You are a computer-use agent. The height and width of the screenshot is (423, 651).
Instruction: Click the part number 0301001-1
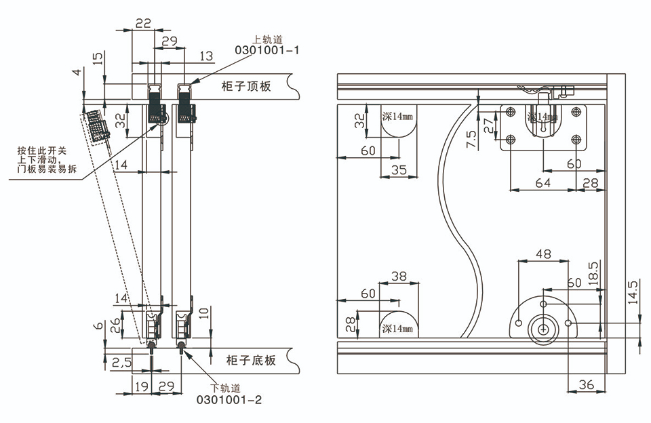click(267, 50)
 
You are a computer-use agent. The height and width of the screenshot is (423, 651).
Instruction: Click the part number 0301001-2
click(229, 400)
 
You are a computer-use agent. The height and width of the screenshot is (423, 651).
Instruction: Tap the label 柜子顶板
click(246, 86)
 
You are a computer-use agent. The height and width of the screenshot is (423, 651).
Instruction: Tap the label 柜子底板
click(251, 360)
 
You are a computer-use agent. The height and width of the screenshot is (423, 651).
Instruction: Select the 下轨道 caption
click(225, 388)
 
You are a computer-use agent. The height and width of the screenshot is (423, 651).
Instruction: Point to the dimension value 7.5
click(472, 139)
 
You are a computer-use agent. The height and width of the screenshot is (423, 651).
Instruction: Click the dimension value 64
click(542, 182)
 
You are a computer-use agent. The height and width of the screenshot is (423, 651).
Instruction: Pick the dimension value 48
click(543, 254)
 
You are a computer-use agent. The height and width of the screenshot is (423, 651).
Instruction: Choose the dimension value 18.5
click(593, 274)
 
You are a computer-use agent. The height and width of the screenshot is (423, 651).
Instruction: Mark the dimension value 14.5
click(633, 293)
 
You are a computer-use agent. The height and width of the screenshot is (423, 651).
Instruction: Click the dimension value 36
click(586, 385)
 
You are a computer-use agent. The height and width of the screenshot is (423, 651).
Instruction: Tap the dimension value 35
click(399, 170)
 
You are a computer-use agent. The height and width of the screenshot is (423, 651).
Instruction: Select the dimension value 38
click(399, 276)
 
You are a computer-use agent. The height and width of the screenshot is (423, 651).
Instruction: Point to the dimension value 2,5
click(121, 363)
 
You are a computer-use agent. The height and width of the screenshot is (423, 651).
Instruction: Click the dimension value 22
click(143, 23)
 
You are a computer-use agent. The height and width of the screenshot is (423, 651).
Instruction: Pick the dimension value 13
click(206, 56)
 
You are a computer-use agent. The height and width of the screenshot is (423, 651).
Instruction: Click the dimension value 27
click(489, 125)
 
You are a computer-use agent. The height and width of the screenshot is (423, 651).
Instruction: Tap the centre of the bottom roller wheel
click(543, 329)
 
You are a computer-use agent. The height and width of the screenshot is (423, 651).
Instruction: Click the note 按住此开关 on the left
click(41, 150)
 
